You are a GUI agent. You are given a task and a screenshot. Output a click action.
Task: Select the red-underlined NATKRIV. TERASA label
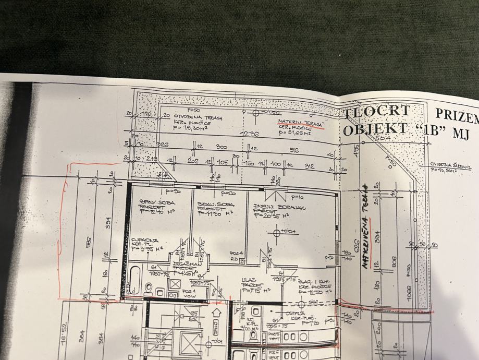300,122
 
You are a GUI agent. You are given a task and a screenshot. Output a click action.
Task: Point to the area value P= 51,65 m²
294,134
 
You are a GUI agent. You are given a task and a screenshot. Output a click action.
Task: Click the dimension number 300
222,148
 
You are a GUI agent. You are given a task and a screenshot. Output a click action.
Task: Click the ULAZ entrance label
247,280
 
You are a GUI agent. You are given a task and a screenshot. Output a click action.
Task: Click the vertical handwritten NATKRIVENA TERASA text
365,225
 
